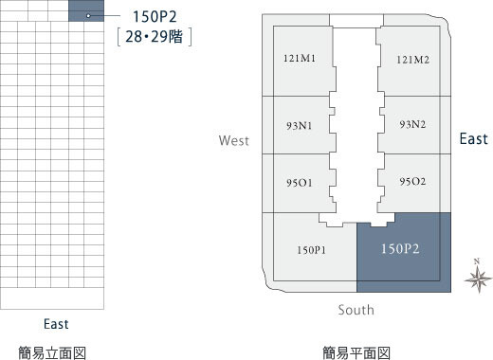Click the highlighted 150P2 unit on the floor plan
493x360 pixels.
pos(404,253)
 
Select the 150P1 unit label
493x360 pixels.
pos(311,250)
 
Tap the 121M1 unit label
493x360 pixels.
pos(300,58)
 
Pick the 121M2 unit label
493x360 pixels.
pos(413,60)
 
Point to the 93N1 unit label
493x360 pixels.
pos(300,126)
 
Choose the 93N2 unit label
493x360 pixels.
pos(412,124)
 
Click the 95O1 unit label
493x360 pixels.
pos(300,183)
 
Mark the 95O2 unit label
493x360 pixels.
pos(412,181)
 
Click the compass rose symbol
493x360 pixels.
pos(478,279)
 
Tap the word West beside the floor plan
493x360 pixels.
pos(234,140)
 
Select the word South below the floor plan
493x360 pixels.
pos(356,310)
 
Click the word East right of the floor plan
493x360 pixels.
pos(474,139)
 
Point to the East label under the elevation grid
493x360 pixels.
pos(56,324)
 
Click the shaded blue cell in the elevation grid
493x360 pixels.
pos(86,10)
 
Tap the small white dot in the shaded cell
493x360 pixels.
pos(88,15)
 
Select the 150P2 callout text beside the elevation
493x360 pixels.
pos(155,17)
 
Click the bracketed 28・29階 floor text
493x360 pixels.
pos(155,37)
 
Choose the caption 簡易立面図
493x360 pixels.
pos(52,353)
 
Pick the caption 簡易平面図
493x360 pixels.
pos(356,353)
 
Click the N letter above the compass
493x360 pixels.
pos(477,261)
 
